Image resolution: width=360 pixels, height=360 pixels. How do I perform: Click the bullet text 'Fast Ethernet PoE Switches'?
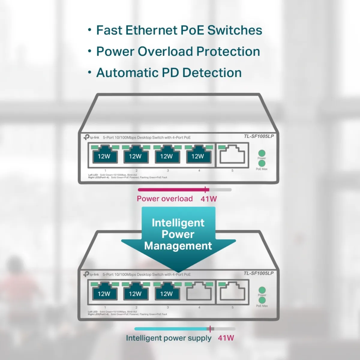(179, 30)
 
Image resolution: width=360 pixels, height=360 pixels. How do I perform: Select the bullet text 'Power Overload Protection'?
(178, 52)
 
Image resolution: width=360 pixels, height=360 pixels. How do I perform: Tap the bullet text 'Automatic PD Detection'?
(169, 73)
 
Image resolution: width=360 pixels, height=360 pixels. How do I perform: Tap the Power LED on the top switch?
(262, 153)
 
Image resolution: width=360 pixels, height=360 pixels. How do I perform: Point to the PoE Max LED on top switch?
(262, 163)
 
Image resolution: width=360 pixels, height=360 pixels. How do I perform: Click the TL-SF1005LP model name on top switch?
(259, 136)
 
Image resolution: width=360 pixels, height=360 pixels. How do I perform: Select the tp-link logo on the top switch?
(91, 137)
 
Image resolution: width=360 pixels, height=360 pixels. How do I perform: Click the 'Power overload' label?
(165, 199)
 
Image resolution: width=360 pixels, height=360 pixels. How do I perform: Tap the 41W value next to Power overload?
(208, 199)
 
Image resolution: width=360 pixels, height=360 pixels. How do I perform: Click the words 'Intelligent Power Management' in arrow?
(178, 234)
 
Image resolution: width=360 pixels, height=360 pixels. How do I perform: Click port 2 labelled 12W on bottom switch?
(135, 292)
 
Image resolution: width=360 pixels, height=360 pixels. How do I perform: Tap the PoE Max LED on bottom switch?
(262, 300)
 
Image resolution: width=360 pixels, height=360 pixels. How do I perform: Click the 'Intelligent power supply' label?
(169, 338)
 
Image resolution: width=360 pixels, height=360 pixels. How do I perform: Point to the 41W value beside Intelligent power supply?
(226, 338)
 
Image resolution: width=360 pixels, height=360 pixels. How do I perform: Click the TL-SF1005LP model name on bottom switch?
(259, 273)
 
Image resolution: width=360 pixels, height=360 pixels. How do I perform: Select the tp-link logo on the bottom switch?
(91, 274)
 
